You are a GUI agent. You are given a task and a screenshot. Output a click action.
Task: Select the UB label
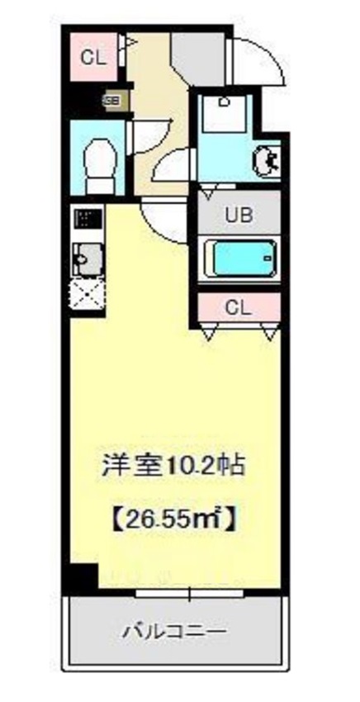(240, 216)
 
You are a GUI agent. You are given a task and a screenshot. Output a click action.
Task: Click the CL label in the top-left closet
(92, 57)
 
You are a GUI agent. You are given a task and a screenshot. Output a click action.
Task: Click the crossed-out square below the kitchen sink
(87, 295)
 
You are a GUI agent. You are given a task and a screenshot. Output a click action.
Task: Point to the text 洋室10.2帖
(172, 467)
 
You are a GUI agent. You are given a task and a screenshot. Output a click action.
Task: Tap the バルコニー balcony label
(175, 632)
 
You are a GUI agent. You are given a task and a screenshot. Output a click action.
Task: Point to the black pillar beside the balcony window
(83, 579)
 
